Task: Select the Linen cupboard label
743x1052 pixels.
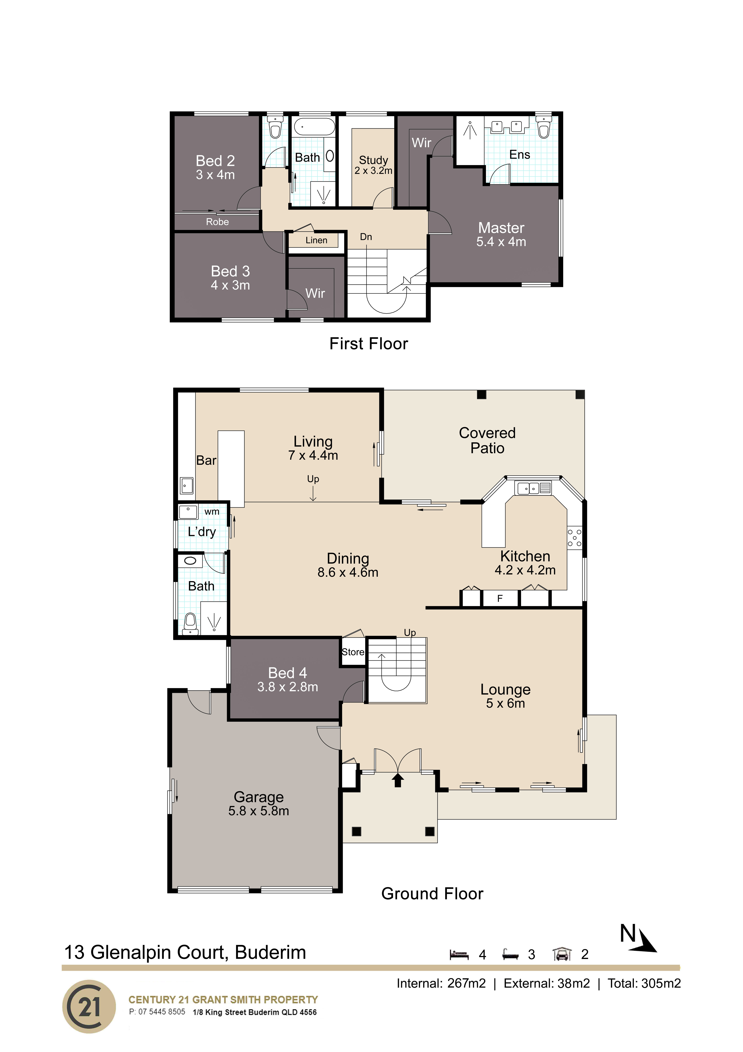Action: click(x=316, y=240)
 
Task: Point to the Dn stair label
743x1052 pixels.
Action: click(x=366, y=237)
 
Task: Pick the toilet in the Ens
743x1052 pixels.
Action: click(x=543, y=128)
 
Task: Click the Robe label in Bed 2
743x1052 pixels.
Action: click(x=217, y=222)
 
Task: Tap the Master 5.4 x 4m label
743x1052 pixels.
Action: click(x=501, y=234)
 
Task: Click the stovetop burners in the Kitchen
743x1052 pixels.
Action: click(x=575, y=538)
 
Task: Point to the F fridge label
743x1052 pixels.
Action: click(x=500, y=598)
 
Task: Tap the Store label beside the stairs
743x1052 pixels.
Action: click(x=353, y=652)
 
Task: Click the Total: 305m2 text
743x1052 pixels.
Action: click(x=644, y=983)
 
